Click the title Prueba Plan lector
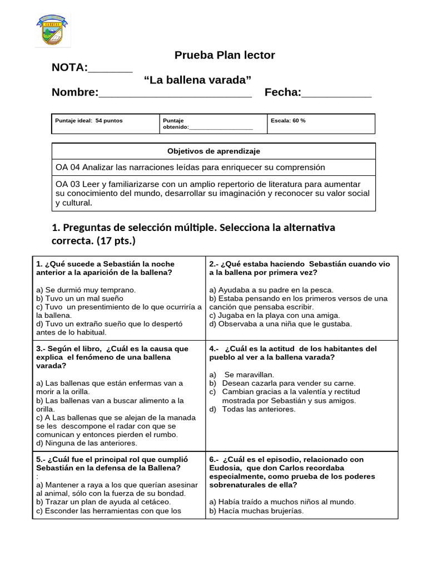click(225, 55)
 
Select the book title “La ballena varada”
click(197, 80)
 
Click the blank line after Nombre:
click(175, 93)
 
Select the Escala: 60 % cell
click(288, 121)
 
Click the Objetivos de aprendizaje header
click(213, 151)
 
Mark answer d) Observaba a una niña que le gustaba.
click(280, 323)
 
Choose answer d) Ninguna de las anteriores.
click(86, 443)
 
